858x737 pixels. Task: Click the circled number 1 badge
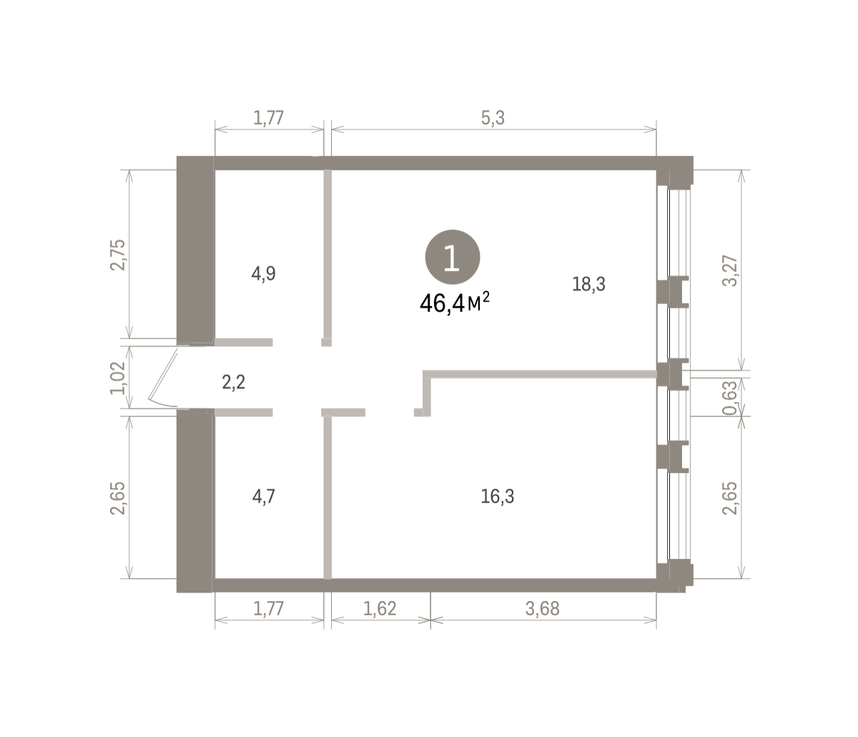click(x=453, y=257)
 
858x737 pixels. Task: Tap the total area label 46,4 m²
click(x=455, y=303)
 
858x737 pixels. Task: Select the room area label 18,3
click(x=588, y=284)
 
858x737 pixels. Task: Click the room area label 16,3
click(x=498, y=497)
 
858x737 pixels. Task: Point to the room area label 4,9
click(x=264, y=274)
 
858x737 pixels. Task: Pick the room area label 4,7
click(x=264, y=497)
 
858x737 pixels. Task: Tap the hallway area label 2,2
click(x=234, y=382)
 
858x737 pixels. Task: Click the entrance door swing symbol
click(x=163, y=378)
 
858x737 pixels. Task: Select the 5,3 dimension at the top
click(x=493, y=118)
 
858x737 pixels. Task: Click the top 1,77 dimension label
click(x=269, y=118)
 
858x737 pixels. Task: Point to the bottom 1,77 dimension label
click(x=269, y=609)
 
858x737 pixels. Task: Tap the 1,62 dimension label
click(x=380, y=609)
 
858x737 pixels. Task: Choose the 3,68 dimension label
click(x=543, y=609)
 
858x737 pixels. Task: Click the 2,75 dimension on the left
click(x=117, y=255)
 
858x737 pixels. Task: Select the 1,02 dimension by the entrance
click(x=117, y=378)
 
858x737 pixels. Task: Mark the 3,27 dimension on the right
click(x=730, y=271)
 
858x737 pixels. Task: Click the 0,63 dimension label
click(x=730, y=398)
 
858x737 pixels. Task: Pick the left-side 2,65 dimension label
click(x=117, y=499)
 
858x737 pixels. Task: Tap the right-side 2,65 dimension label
click(x=730, y=499)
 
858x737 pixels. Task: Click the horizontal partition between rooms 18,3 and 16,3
click(x=540, y=374)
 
